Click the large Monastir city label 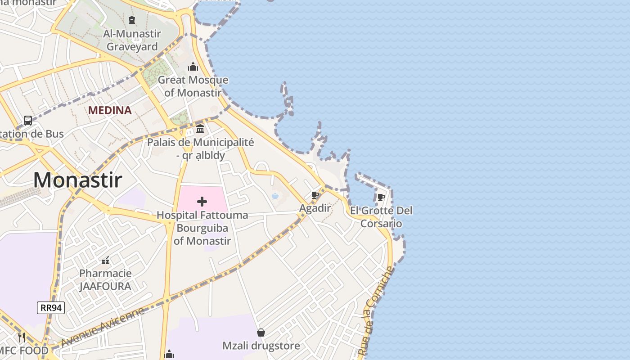click(77, 180)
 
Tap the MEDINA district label click(110, 110)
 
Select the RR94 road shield click(51, 308)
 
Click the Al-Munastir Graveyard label click(131, 40)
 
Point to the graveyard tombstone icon click(131, 20)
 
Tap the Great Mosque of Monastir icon click(193, 67)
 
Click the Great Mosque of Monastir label click(193, 86)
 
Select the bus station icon click(28, 121)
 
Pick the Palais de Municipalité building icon click(200, 130)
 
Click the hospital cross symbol click(202, 202)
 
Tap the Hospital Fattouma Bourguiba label click(202, 228)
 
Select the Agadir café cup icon click(315, 195)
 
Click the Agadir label click(315, 208)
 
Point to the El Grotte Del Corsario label click(381, 217)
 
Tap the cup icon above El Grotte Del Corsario click(381, 197)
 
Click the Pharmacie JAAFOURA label click(105, 279)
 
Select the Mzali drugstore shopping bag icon click(261, 333)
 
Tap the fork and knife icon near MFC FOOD click(22, 337)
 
